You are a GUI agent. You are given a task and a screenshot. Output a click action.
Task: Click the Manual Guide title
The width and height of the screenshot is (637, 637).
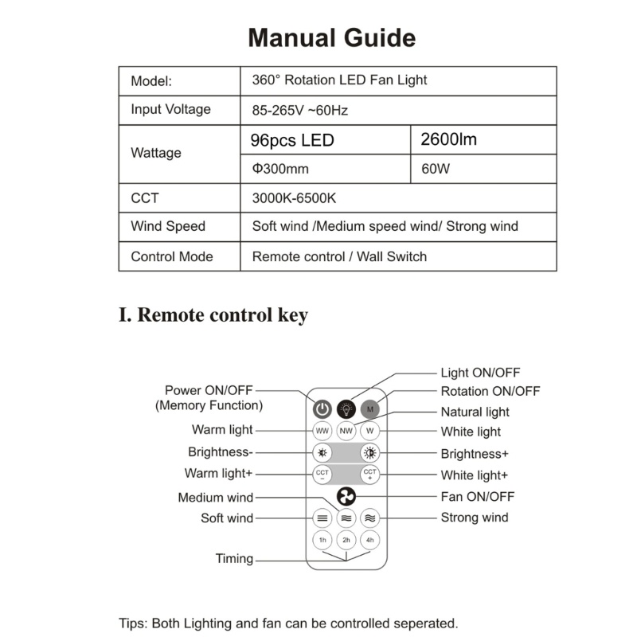coord(331,38)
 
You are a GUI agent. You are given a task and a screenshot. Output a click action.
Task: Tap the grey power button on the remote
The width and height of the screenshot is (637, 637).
coord(321,409)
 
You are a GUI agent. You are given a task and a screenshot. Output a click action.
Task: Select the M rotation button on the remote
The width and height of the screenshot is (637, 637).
coord(370,409)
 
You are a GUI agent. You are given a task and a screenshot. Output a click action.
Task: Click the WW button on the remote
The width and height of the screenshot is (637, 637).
coord(322,432)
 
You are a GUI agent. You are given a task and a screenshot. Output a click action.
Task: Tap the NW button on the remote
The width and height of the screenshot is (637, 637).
coord(346,432)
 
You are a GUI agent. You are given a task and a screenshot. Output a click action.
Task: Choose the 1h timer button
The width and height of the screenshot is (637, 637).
coord(322,540)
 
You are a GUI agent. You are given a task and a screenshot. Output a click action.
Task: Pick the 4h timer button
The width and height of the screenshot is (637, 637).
coord(369,540)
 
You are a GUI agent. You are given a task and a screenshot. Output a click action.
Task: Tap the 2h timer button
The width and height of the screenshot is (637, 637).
coord(346,540)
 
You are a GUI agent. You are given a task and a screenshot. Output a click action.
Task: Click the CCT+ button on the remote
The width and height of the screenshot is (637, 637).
coord(369,475)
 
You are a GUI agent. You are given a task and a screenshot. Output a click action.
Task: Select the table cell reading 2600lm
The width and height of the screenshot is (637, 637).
coord(448,140)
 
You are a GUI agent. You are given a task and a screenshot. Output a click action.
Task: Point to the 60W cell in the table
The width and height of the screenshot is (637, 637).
coord(436,169)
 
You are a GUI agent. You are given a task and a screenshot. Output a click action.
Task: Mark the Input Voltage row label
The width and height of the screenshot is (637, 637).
coord(170,110)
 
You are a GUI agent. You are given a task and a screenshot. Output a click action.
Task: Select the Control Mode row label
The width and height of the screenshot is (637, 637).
coord(172,256)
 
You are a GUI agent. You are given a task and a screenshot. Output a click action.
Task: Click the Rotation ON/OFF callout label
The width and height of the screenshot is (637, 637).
coord(490,391)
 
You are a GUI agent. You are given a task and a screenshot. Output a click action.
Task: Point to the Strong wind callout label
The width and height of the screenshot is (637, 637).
coord(475,518)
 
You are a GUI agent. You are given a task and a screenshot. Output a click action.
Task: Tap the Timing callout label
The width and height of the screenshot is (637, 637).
coord(234,558)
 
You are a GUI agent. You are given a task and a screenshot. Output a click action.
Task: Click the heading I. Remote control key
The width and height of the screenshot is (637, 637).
coord(213,315)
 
